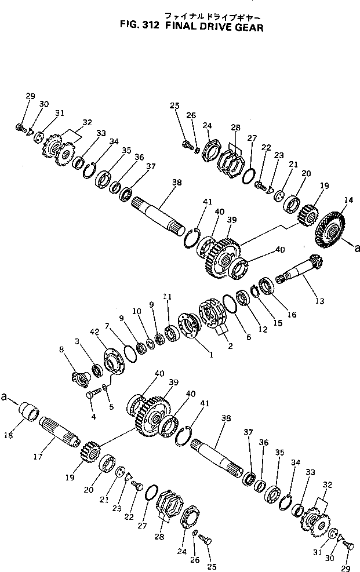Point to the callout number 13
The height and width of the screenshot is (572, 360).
pos(319,301)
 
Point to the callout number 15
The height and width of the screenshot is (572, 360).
pos(277,322)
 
